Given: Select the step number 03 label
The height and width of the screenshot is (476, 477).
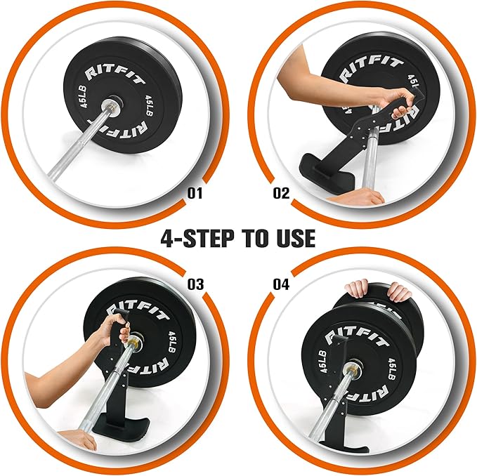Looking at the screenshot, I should [195, 284].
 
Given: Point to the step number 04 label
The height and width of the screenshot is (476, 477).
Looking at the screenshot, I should [281, 284].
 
